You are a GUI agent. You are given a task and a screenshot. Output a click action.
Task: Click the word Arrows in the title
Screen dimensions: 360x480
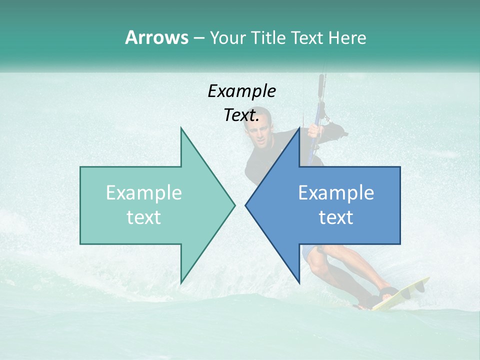[156, 37]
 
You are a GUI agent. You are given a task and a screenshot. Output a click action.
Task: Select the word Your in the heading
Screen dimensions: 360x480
[227, 38]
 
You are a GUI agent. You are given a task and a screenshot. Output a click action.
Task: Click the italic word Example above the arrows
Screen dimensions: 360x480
[241, 91]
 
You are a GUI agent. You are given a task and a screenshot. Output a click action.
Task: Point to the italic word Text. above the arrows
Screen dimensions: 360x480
[241, 115]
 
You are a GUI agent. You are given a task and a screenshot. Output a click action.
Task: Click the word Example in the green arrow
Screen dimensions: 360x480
[143, 193]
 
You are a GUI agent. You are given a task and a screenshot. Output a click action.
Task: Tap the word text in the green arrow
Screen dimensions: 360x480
[143, 217]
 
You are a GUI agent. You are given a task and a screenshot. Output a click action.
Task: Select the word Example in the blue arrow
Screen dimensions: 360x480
[336, 193]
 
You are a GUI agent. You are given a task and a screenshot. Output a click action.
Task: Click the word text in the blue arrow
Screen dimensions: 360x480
[336, 217]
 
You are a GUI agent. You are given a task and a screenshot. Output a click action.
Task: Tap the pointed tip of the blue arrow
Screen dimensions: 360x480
[246, 205]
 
